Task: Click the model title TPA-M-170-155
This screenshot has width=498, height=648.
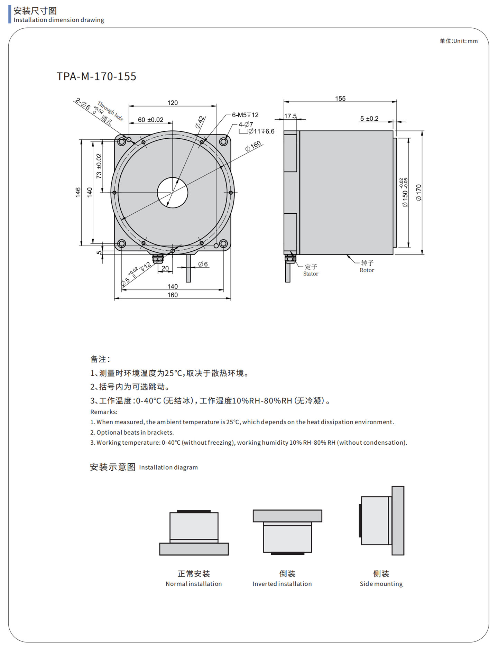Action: click(96, 76)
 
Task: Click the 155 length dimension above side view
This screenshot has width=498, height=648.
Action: click(340, 99)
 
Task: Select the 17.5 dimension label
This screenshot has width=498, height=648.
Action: click(290, 116)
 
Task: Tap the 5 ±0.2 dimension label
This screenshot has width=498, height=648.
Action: click(369, 119)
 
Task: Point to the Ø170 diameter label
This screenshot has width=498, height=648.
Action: click(419, 193)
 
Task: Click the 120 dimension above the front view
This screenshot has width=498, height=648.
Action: click(172, 103)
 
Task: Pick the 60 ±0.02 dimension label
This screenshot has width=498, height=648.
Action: click(150, 120)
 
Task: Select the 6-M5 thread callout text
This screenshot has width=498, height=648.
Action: click(245, 115)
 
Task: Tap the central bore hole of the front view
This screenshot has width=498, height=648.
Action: click(172, 193)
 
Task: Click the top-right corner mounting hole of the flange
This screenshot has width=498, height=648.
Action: click(223, 142)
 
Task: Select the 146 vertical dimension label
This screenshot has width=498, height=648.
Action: click(78, 192)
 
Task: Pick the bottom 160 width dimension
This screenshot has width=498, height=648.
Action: click(172, 295)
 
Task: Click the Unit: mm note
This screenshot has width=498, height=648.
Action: click(459, 41)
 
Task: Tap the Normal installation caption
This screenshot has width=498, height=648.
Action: click(193, 584)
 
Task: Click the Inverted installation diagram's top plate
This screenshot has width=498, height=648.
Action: click(287, 516)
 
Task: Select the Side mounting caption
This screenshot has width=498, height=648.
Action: click(381, 584)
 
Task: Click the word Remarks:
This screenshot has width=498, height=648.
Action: click(104, 412)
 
